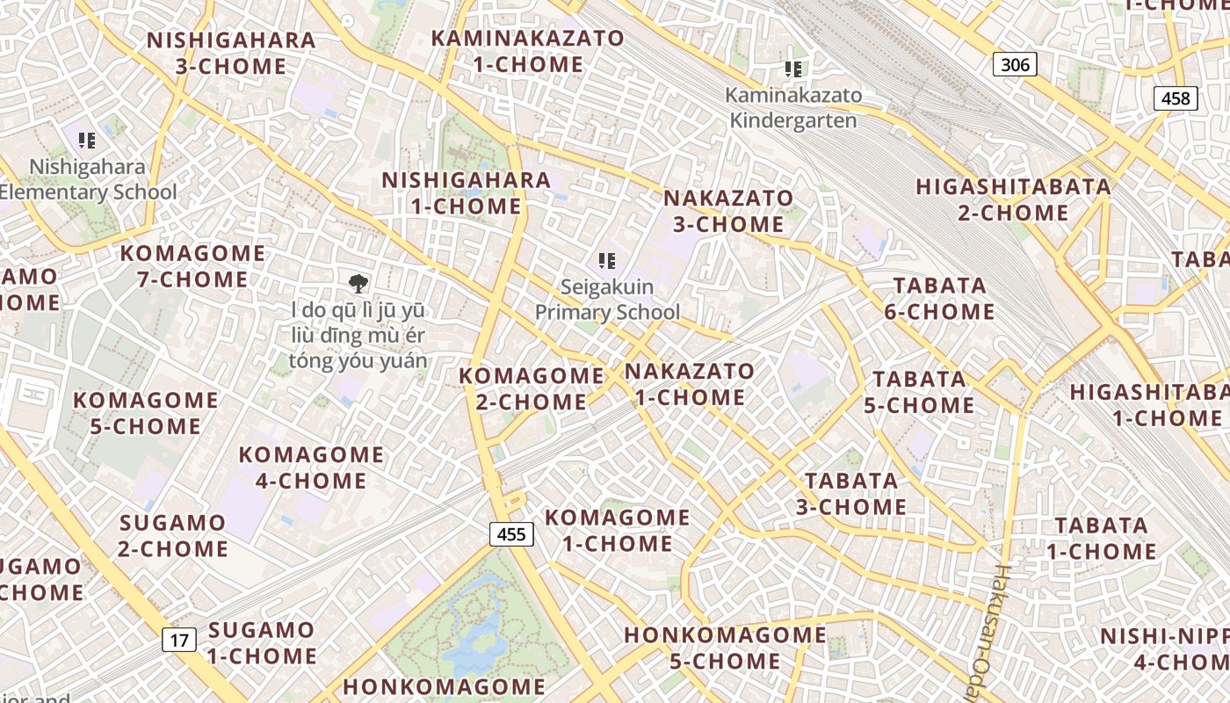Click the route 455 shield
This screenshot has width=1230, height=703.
click(511, 534)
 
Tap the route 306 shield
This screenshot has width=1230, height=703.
click(1015, 64)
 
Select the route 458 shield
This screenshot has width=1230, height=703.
click(1176, 98)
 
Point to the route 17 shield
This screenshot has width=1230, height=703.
click(179, 640)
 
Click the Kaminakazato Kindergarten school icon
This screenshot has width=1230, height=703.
click(793, 69)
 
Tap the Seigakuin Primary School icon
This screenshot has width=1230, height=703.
click(606, 260)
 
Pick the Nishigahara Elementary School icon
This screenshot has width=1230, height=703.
click(86, 140)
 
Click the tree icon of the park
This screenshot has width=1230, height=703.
click(358, 283)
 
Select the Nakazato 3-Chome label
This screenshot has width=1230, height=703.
click(728, 211)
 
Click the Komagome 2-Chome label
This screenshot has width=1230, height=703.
click(532, 388)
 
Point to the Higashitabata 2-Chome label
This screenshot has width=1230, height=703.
click(1013, 199)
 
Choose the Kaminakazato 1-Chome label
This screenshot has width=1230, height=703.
click(527, 51)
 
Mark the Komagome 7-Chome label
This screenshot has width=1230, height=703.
click(192, 266)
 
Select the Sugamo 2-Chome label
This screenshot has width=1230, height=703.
click(173, 535)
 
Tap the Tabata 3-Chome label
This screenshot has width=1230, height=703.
click(851, 494)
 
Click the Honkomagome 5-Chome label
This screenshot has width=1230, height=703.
click(725, 648)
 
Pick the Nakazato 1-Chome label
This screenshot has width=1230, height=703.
click(690, 384)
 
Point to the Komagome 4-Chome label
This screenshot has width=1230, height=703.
click(311, 467)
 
